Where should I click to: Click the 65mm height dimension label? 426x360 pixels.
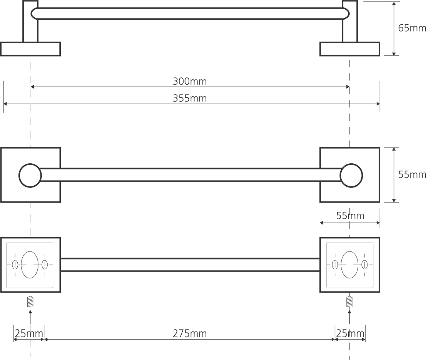(x=412, y=28)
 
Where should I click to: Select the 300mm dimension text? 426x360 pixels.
(x=189, y=81)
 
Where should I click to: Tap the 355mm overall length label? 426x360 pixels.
(x=189, y=98)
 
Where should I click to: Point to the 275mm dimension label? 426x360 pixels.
(x=189, y=333)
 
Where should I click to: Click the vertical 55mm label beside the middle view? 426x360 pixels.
(x=412, y=174)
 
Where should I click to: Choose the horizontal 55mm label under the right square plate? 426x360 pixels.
(x=350, y=216)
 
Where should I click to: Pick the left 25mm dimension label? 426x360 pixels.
(x=29, y=333)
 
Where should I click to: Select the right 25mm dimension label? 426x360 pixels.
(x=350, y=333)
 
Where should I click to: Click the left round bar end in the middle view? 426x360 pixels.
(x=30, y=175)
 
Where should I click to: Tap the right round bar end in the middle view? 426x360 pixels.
(x=351, y=175)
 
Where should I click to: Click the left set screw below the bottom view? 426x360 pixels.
(x=30, y=301)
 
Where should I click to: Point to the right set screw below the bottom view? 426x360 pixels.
(x=349, y=301)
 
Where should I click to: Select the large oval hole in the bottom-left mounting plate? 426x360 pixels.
(x=30, y=265)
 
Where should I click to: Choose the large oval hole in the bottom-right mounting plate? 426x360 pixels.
(x=349, y=265)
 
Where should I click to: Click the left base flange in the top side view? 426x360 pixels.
(x=30, y=49)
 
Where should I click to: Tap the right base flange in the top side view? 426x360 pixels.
(x=349, y=49)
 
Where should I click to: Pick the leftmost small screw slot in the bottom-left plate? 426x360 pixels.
(x=15, y=265)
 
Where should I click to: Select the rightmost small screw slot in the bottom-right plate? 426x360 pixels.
(x=364, y=265)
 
